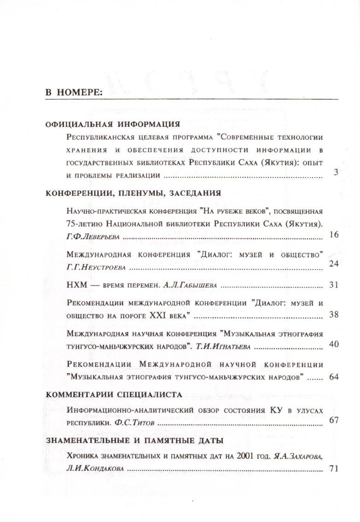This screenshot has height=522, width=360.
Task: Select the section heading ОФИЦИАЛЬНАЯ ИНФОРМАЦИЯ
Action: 112,124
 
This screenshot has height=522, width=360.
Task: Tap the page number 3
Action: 336,173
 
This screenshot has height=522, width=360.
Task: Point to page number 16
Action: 334,235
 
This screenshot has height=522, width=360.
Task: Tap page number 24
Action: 334,263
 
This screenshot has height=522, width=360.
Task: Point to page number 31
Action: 334,285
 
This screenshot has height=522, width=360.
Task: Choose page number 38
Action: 334,315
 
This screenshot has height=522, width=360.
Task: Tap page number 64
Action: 334,377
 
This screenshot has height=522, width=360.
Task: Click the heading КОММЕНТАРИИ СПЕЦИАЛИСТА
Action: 114,394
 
